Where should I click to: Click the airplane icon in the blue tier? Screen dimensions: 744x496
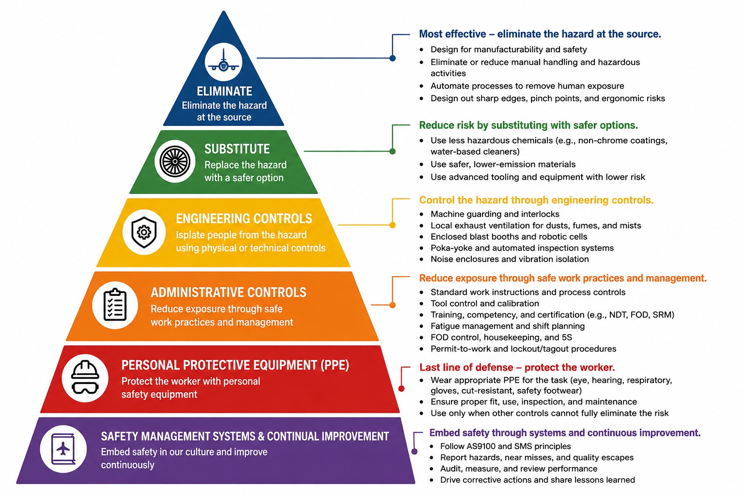(x=223, y=62)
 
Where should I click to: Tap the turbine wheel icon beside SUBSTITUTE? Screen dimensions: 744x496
(x=175, y=161)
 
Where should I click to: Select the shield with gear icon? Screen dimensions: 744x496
(x=144, y=232)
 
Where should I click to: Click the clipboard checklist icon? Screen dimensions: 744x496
(x=115, y=305)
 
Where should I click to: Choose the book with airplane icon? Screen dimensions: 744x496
(x=63, y=449)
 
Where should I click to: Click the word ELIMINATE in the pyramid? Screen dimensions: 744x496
(x=224, y=91)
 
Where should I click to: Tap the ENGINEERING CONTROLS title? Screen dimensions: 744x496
(x=244, y=218)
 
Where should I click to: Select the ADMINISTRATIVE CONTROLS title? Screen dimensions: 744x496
(x=229, y=293)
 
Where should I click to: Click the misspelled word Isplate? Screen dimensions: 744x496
(x=190, y=235)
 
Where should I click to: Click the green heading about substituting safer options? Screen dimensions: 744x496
(x=528, y=125)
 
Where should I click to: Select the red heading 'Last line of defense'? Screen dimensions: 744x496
(x=517, y=368)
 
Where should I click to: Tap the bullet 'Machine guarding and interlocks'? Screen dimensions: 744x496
(x=495, y=214)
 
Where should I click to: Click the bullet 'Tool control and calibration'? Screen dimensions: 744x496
(x=484, y=303)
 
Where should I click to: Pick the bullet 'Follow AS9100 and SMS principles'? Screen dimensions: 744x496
(x=505, y=446)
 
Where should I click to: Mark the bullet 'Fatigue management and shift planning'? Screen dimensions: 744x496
(x=508, y=326)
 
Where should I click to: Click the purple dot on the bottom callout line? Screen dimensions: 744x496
(x=414, y=451)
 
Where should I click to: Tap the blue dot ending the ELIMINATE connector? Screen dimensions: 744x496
(x=392, y=58)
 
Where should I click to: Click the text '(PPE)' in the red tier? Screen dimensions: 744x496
(x=335, y=365)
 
